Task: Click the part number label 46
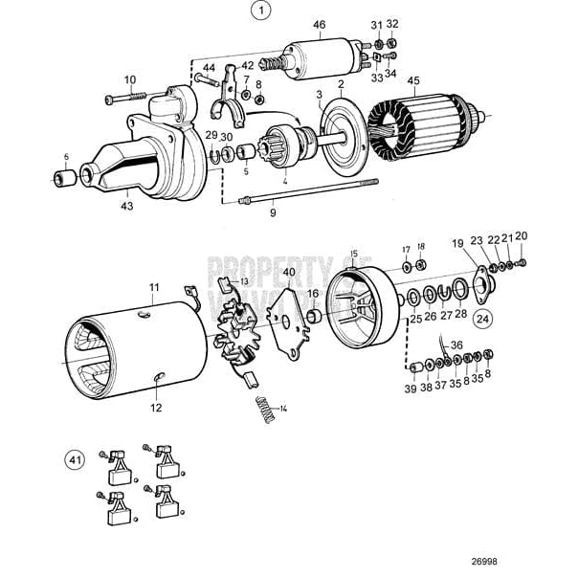[x=319, y=24]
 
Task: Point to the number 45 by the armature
[x=413, y=81]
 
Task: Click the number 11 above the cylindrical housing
[x=154, y=287]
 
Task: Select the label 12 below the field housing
[x=156, y=408]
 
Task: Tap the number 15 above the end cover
[x=353, y=254]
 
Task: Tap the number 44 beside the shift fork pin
[x=208, y=67]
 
